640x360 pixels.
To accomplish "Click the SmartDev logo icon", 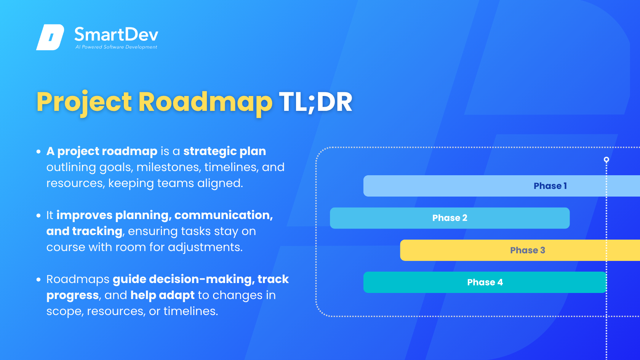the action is (x=50, y=37).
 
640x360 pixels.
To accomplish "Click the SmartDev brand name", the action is (x=116, y=35).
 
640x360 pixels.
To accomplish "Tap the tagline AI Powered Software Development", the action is (x=116, y=47).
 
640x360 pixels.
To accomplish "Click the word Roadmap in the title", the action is (x=205, y=102).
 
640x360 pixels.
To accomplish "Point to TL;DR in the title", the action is (x=315, y=102).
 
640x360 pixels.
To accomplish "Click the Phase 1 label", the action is (x=550, y=186).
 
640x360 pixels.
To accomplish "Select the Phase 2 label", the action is (x=450, y=218).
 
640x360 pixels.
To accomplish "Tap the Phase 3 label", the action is (x=527, y=250).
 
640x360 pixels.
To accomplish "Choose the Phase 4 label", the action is (x=485, y=282).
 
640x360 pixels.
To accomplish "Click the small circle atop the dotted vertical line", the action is (x=606, y=159).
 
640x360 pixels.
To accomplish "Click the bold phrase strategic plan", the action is (x=225, y=152).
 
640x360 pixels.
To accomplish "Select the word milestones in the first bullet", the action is (x=168, y=167).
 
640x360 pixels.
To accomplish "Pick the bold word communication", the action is (x=223, y=216).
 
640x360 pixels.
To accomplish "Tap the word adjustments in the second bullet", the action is (x=205, y=247).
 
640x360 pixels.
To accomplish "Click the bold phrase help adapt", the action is (x=162, y=296).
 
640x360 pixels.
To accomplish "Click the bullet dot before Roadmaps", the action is (x=38, y=280).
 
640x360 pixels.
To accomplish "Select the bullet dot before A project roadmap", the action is (x=38, y=152).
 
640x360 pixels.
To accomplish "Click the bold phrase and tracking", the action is (x=84, y=232).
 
